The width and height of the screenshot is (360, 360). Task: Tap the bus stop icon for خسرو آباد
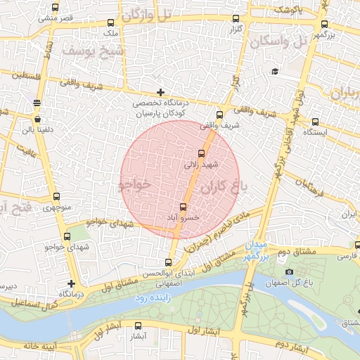pos(184,207)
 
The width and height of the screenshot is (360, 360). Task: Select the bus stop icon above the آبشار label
pos(138,326)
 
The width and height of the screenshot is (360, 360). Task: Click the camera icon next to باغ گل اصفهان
pos(289,272)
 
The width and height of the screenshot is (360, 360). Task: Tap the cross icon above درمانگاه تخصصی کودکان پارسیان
pos(161,92)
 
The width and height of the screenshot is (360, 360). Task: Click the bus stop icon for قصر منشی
pos(56,8)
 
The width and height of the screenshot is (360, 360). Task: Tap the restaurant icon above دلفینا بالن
pos(37,103)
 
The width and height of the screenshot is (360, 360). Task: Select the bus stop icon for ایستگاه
pos(315,122)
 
